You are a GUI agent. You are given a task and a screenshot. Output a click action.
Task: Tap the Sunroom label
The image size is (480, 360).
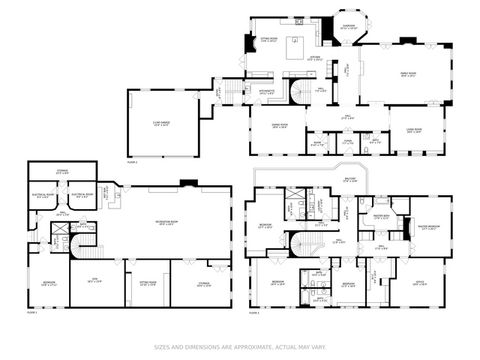point(348,27)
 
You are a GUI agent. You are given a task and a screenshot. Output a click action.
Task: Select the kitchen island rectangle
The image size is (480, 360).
point(296,46)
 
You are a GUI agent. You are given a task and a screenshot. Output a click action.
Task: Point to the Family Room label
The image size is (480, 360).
point(408,73)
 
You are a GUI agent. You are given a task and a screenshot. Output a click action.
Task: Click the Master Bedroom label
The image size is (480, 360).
point(430,226)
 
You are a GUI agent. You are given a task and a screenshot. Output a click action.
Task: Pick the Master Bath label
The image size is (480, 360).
point(381,215)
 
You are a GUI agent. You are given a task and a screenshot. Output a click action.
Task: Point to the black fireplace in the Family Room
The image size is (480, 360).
point(407,41)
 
